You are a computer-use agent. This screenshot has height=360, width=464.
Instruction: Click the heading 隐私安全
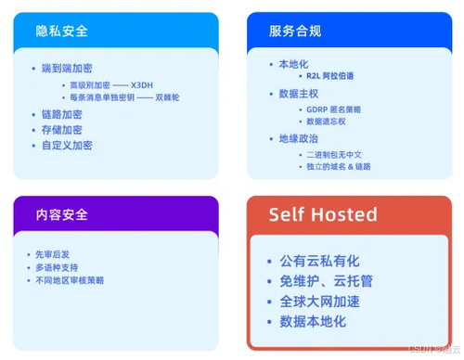[x=63, y=30]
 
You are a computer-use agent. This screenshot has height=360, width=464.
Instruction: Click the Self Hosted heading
[x=323, y=214]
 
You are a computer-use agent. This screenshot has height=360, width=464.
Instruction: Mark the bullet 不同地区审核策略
[x=71, y=279]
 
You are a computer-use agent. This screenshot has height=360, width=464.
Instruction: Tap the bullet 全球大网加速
[x=319, y=301]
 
